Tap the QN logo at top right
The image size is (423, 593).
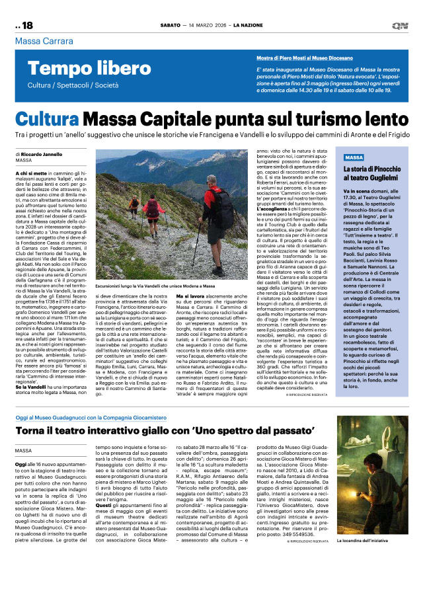point(399,26)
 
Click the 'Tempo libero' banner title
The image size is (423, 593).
point(80,67)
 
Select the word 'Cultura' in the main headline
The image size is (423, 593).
point(57,120)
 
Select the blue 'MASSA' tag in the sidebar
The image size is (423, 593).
point(354,158)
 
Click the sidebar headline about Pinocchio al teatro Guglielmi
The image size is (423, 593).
point(374,175)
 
